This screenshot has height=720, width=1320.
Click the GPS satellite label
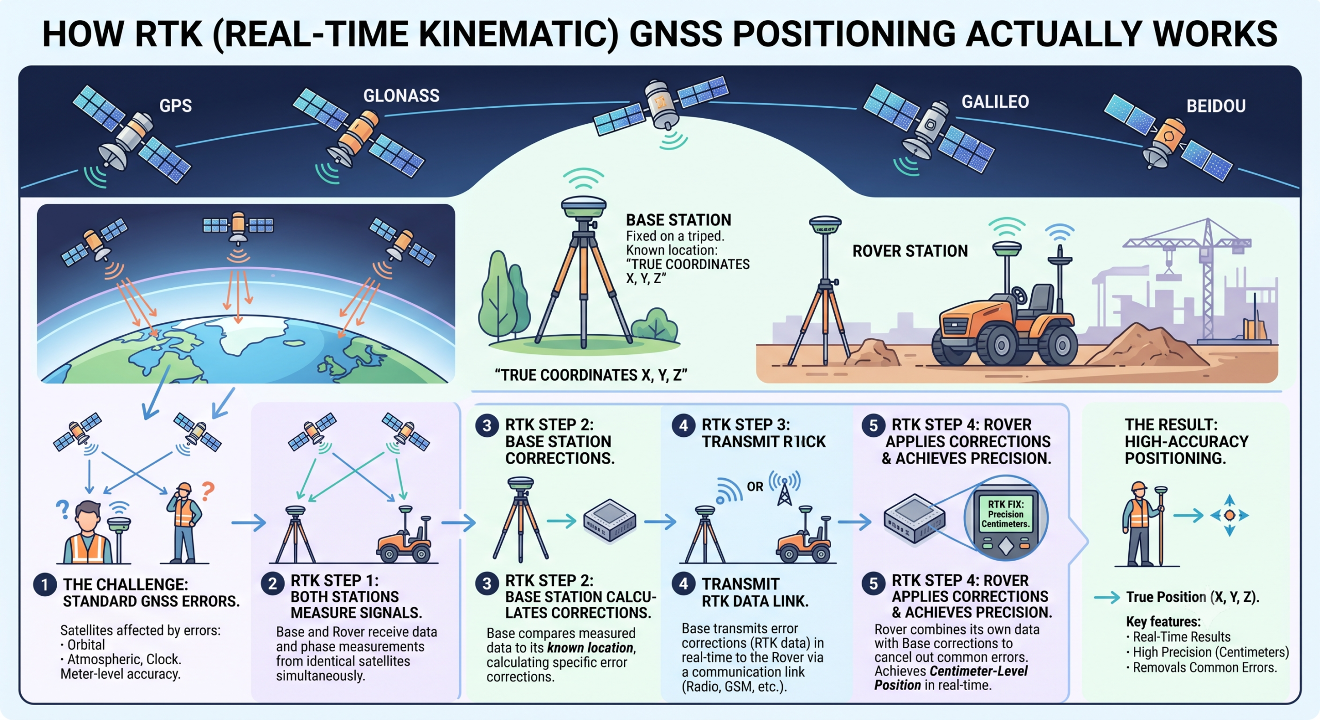(175, 106)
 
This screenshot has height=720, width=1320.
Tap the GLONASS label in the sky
(401, 96)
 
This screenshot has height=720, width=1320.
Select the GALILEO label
(995, 102)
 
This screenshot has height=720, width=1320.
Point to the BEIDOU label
(1216, 106)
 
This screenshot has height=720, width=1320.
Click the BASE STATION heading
(679, 220)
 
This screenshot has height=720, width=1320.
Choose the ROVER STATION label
(910, 251)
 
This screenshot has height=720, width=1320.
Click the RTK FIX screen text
(1005, 514)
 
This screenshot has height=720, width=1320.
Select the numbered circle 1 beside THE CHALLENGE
(45, 584)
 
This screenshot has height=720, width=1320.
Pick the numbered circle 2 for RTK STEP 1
(272, 583)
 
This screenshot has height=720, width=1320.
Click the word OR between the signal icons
(755, 486)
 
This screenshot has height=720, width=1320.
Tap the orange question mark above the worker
(207, 492)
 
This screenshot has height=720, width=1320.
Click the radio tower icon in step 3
(784, 488)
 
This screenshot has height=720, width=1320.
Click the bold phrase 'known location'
(590, 648)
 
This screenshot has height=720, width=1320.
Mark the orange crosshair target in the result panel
(1229, 515)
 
